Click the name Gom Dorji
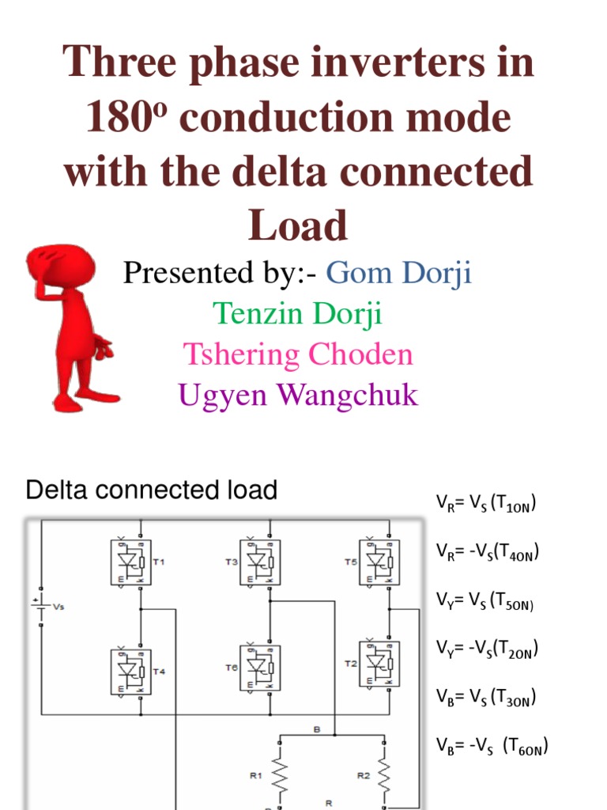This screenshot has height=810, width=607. point(398,274)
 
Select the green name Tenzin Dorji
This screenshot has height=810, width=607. point(298,314)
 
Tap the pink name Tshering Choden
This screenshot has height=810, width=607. point(298,354)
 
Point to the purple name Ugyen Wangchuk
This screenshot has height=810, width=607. point(298,394)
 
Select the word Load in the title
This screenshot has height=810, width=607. point(298,225)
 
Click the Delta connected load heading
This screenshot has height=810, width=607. point(152,490)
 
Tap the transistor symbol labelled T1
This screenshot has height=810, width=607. point(130,562)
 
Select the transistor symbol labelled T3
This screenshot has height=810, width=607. point(260,562)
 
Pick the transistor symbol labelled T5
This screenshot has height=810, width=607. point(379,562)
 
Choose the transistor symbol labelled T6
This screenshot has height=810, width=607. point(260,668)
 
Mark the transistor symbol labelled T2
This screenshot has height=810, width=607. point(379,664)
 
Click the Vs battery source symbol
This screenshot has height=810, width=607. point(40,608)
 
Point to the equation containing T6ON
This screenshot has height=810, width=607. point(492,746)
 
